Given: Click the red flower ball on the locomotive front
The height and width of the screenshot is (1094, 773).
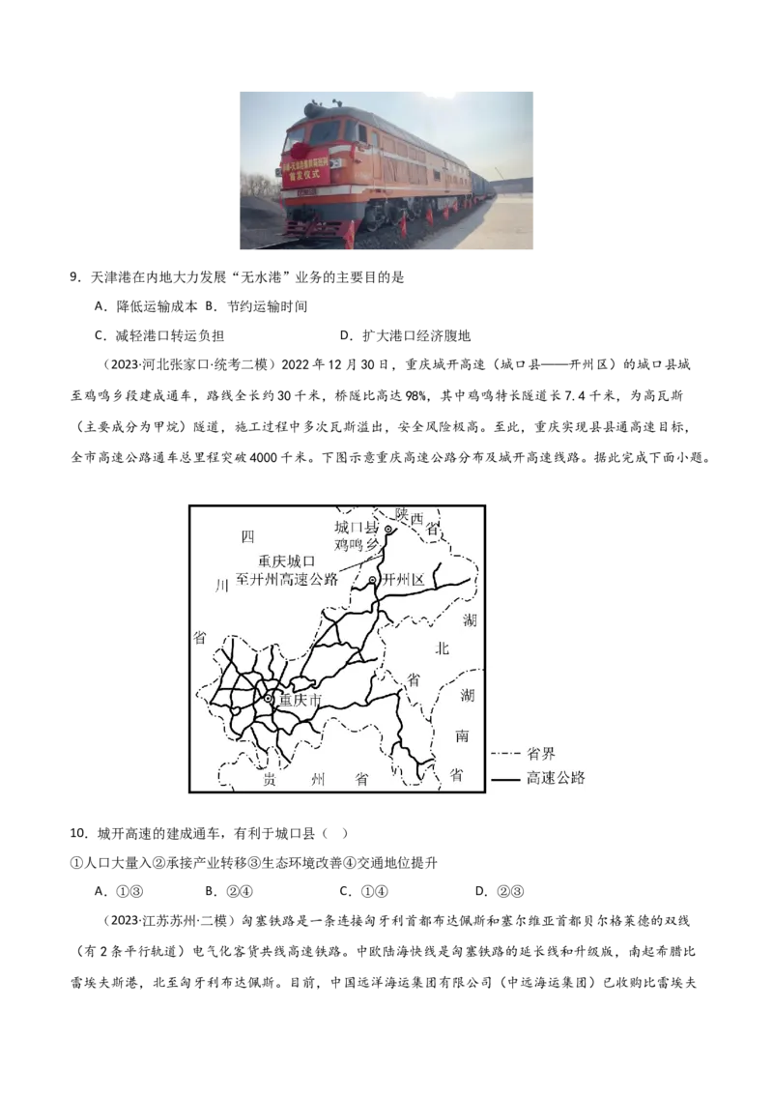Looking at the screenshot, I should click(x=299, y=151).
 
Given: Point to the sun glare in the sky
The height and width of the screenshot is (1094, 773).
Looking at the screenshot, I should click(x=440, y=93).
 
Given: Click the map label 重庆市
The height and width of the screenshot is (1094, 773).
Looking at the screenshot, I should click(x=301, y=699).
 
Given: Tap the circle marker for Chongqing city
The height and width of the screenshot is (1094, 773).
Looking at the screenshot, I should click(x=269, y=698).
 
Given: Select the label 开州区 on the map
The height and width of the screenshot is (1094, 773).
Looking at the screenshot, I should click(x=404, y=580).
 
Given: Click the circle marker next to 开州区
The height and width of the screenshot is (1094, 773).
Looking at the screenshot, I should click(x=373, y=580).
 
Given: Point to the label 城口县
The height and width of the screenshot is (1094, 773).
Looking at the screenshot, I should click(x=357, y=528).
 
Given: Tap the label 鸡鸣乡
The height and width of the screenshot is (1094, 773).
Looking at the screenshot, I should click(x=354, y=545).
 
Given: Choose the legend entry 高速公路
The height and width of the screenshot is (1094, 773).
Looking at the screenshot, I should click(x=556, y=778).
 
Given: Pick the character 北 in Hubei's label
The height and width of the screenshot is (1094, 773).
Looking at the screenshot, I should click(x=442, y=648).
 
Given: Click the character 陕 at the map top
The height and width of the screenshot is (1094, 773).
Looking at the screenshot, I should click(x=402, y=512).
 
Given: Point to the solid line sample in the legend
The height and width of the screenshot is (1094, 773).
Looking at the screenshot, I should click(x=505, y=779).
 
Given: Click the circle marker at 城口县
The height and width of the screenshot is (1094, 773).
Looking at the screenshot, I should click(x=387, y=530).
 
